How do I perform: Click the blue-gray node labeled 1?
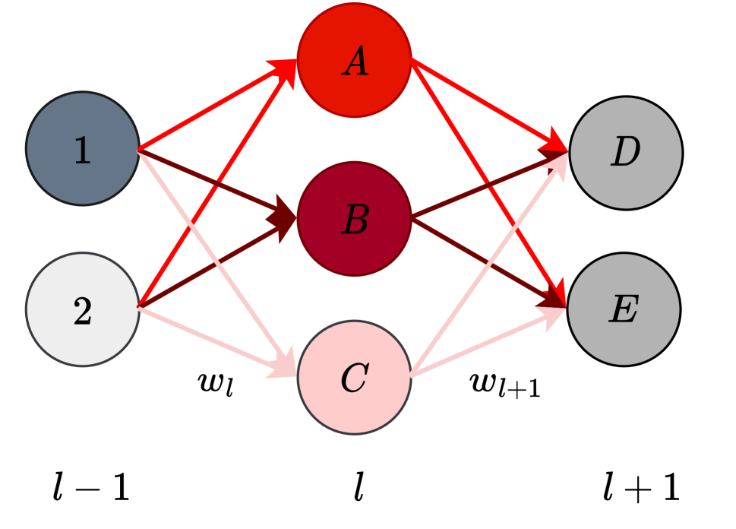[83, 149]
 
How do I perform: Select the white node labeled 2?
[83, 309]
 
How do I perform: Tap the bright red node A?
[354, 61]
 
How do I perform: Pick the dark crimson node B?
[354, 220]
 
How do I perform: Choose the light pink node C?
[354, 378]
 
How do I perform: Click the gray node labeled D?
[626, 153]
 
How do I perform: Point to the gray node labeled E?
[624, 309]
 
